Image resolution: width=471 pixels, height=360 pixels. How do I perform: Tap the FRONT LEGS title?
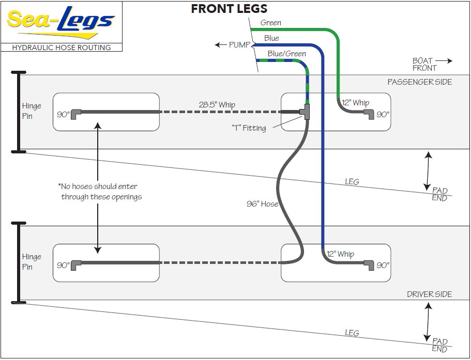coord(229,8)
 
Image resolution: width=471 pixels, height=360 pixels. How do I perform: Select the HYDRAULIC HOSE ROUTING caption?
coord(62,48)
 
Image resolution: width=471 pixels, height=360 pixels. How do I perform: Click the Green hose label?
coord(271,23)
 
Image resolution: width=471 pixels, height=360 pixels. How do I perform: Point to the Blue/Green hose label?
coord(286,54)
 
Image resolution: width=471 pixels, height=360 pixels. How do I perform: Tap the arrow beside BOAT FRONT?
coord(447,61)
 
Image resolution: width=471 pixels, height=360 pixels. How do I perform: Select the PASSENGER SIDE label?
coord(419,82)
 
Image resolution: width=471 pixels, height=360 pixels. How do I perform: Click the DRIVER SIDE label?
coord(429,294)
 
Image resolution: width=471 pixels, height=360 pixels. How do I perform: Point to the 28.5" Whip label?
coord(217,105)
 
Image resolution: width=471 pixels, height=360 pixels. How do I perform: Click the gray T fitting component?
coord(307,112)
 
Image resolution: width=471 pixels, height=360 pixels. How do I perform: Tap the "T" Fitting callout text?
coord(249,128)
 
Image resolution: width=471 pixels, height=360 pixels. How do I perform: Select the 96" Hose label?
coord(262,204)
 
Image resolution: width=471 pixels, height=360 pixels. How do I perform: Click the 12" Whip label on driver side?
coord(340,254)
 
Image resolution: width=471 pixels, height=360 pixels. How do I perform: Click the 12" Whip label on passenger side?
coord(356,103)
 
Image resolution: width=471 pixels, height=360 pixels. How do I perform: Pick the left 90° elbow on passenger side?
coord(75,112)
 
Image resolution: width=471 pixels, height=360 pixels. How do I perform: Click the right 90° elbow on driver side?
coord(369,265)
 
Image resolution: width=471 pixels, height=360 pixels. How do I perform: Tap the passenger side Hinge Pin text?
coord(32,111)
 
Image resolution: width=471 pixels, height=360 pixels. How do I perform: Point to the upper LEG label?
coord(352,182)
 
